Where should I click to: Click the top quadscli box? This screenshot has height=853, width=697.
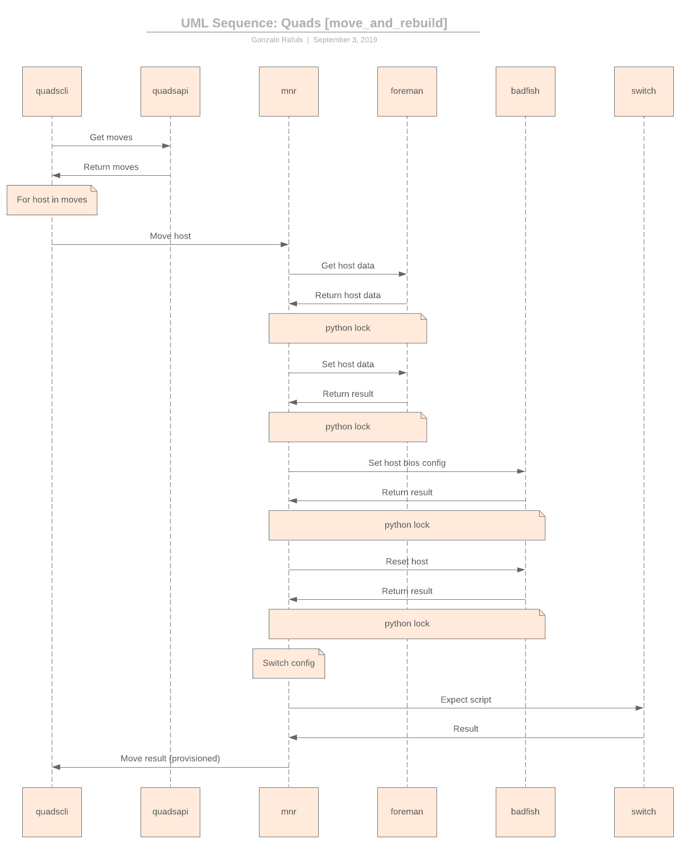pos(52,91)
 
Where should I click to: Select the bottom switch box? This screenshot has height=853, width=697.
pos(643,812)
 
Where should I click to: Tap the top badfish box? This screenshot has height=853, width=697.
pos(525,91)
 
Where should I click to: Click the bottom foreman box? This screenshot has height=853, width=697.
pos(406,812)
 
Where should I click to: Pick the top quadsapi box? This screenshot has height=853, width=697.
pos(170,91)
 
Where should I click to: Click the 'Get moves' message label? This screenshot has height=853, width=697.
pos(111,137)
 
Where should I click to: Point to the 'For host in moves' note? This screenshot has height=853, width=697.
pos(52,200)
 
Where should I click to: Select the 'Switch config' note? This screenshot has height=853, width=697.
pos(289,663)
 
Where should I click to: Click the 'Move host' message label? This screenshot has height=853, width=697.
pos(170,236)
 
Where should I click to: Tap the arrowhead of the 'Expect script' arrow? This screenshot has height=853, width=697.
pos(639,708)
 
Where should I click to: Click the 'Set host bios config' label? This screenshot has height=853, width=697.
pos(407,463)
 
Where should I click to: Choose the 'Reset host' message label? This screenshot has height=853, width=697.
pos(407,561)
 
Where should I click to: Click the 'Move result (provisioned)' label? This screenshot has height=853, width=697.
pos(170,758)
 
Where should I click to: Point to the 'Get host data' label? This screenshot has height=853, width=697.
pos(348,266)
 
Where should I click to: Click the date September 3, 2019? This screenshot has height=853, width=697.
pos(345,40)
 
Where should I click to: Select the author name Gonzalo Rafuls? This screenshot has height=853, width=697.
pos(277,40)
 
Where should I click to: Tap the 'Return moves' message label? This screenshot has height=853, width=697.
pos(111,167)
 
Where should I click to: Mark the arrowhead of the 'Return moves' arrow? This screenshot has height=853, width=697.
pos(56,175)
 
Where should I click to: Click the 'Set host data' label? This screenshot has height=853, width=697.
pos(348,364)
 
